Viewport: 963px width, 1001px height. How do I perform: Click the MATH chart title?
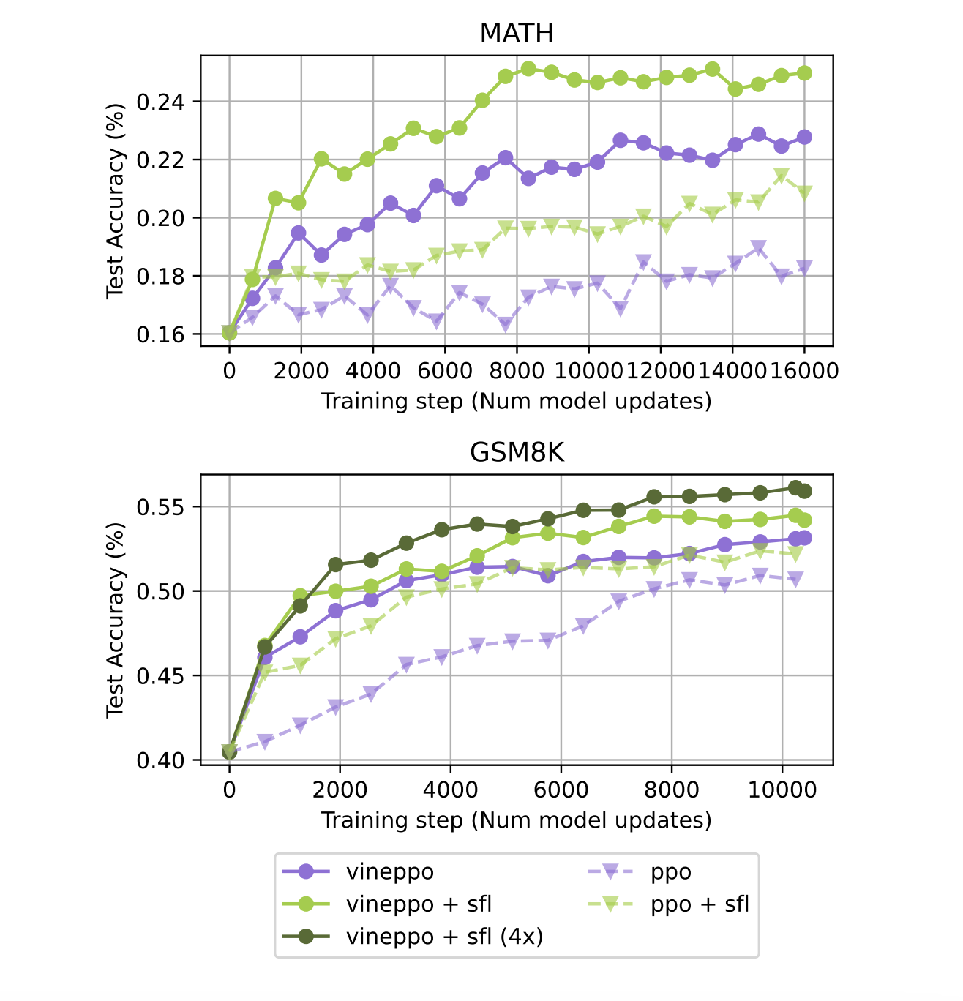(x=516, y=33)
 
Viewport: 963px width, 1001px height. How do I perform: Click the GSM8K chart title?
(x=516, y=453)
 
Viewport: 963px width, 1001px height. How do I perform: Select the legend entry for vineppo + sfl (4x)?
(x=444, y=937)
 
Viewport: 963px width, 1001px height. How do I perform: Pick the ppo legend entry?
(x=670, y=872)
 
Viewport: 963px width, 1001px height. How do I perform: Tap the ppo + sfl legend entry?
(x=700, y=904)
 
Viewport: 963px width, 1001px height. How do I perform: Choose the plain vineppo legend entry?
(x=389, y=872)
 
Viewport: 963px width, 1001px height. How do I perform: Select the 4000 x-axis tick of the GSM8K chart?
(x=449, y=789)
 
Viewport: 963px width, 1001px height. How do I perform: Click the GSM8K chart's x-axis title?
(x=516, y=820)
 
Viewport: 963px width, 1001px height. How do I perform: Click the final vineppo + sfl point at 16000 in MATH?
(x=804, y=72)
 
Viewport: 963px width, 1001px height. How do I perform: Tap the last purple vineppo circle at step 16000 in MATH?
(x=804, y=137)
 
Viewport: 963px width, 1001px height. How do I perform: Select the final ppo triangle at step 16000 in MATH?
(x=804, y=268)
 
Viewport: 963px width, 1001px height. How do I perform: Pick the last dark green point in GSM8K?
(x=804, y=491)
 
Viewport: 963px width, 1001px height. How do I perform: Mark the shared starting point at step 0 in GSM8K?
(x=229, y=751)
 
